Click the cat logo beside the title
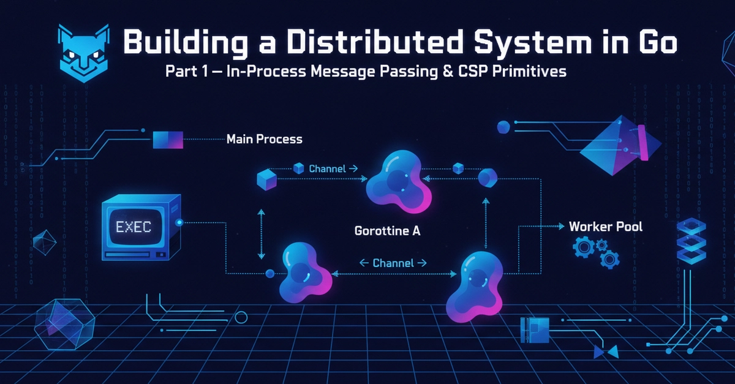click(84, 53)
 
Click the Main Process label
click(265, 139)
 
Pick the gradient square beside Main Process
click(168, 140)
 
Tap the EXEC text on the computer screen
click(134, 227)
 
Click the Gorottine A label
click(387, 231)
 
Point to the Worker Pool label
click(606, 227)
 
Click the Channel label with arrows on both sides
click(393, 263)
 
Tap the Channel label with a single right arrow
click(333, 168)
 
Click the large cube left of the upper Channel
click(266, 180)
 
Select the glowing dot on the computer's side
click(179, 222)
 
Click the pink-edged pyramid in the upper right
click(620, 145)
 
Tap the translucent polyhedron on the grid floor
click(65, 324)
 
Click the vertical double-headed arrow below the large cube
click(261, 234)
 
